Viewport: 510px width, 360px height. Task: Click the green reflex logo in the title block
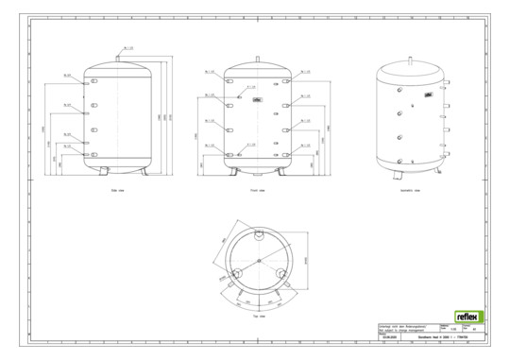pos(468,317)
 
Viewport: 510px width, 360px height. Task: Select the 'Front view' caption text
pos(258,190)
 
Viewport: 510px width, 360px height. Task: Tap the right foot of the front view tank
pos(285,171)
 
